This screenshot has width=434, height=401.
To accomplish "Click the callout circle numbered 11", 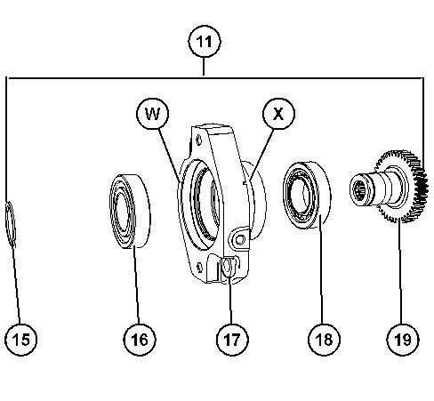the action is [x=205, y=42].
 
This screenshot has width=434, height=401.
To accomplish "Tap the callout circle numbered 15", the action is [x=21, y=339].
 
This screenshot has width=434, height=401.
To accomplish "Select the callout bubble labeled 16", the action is [x=140, y=339].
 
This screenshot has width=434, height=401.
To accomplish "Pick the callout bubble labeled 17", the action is [x=232, y=339].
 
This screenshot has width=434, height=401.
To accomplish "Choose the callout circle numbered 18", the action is [x=325, y=339].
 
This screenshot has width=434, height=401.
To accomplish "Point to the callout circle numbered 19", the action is [x=403, y=339].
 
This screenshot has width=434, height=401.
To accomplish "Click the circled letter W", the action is [x=153, y=114].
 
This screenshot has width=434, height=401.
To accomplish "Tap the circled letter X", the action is [x=278, y=114].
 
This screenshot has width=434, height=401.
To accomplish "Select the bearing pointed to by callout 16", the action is [x=131, y=211].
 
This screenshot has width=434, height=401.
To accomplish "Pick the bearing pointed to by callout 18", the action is [x=307, y=195].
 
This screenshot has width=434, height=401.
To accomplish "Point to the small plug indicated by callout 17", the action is [x=227, y=267].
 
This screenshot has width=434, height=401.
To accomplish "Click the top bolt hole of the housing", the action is [x=198, y=140].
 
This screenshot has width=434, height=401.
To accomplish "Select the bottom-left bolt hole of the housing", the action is [x=200, y=267].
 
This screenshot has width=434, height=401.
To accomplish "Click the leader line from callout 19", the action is [x=401, y=271].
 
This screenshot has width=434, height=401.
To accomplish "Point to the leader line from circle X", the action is [x=261, y=154].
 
